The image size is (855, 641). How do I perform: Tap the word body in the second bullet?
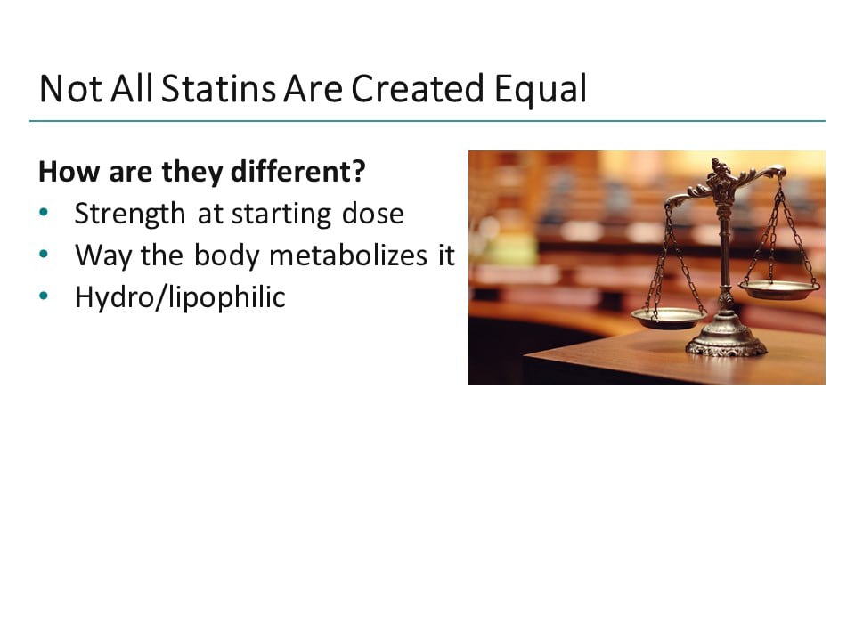227,256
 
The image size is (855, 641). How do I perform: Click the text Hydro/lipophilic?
180,297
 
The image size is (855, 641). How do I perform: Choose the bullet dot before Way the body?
45,256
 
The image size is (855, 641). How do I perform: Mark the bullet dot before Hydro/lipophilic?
45,296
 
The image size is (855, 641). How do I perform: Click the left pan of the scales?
669,316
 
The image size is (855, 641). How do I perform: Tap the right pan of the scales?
779,288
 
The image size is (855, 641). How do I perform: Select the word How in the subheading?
59,172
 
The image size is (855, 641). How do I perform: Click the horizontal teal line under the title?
427,120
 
